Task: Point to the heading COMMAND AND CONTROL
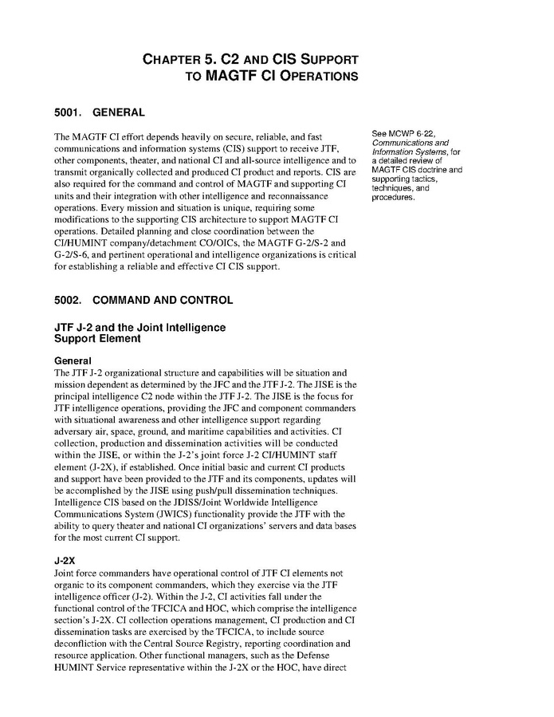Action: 163,301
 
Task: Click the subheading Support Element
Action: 97,338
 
